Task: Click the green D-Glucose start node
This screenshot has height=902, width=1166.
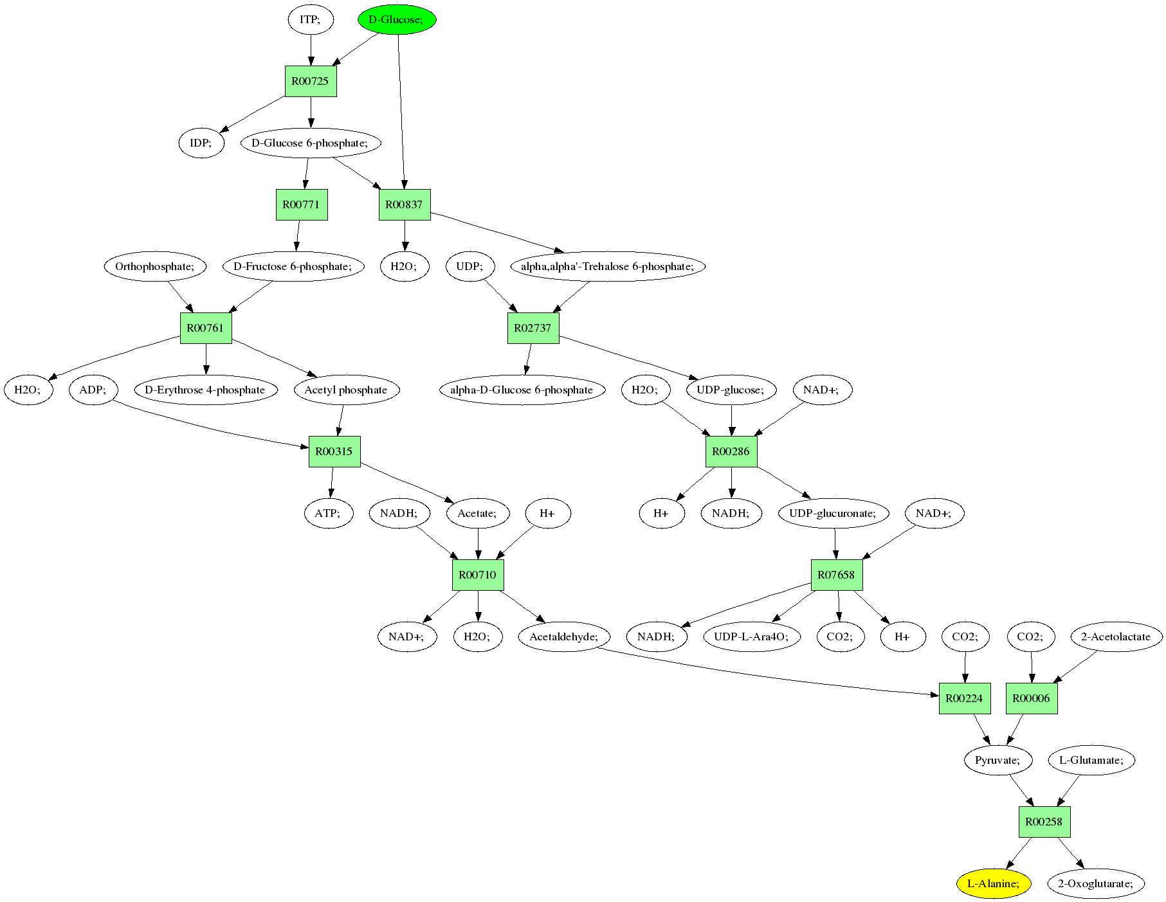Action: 397,19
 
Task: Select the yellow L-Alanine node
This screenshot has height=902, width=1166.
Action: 993,883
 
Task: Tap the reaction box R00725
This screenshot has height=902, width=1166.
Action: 311,81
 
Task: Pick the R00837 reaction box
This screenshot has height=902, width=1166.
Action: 405,204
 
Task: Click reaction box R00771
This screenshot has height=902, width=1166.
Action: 302,204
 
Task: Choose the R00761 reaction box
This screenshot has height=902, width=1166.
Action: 206,328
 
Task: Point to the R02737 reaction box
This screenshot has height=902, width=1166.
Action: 533,328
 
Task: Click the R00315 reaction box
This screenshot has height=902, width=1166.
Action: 334,451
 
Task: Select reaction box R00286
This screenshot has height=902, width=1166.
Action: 731,451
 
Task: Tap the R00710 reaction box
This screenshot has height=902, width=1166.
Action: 478,575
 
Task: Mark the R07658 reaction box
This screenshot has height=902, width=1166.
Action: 836,575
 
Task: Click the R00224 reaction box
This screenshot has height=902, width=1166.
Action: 965,698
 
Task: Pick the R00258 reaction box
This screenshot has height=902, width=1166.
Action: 1044,822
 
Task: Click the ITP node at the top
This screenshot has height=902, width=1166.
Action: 311,19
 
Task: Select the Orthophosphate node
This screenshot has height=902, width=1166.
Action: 155,266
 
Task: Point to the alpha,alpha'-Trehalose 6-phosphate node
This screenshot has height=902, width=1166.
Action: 608,266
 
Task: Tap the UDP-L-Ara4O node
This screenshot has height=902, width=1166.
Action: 751,636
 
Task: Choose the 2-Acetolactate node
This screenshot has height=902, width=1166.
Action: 1116,636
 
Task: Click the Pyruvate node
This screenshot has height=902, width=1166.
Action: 997,760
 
